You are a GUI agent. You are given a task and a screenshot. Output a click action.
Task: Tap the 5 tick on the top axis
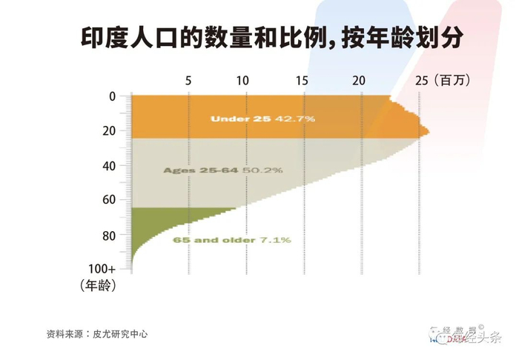[188, 81]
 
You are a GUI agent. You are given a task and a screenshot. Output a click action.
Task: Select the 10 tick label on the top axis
[242, 81]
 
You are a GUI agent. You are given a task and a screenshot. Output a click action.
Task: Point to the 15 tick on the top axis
[301, 81]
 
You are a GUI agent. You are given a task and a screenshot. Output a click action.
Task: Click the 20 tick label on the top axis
[359, 81]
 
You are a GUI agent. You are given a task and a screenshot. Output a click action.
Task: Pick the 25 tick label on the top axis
[420, 81]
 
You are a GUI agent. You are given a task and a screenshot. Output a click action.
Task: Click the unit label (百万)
[452, 81]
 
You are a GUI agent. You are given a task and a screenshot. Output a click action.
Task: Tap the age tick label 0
[113, 96]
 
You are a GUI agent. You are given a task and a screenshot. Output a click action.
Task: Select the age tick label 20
[110, 131]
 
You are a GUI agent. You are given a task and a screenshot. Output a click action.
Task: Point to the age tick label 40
[110, 166]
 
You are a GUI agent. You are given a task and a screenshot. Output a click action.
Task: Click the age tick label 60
[110, 200]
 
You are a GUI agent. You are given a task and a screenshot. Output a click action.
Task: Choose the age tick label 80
[110, 235]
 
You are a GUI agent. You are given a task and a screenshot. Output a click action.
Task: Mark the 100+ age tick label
[102, 268]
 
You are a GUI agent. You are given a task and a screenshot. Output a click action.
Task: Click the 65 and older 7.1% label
[232, 240]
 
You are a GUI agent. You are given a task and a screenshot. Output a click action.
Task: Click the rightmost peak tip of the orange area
[429, 133]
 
